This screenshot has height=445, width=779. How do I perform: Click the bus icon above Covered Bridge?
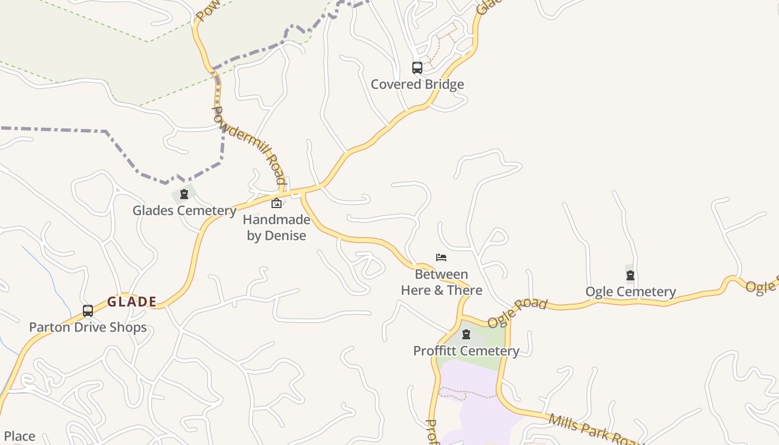pyautogui.click(x=417, y=68)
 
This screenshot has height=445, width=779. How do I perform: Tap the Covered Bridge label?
pyautogui.click(x=417, y=85)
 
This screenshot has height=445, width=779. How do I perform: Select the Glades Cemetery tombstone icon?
pyautogui.click(x=184, y=194)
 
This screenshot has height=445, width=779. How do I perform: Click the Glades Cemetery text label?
pyautogui.click(x=184, y=211)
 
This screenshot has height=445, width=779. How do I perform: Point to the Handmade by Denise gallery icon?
pyautogui.click(x=277, y=203)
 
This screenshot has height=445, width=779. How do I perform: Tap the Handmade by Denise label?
pyautogui.click(x=277, y=228)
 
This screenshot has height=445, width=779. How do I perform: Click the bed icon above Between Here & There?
pyautogui.click(x=441, y=258)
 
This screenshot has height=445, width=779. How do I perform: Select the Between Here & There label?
pyautogui.click(x=441, y=282)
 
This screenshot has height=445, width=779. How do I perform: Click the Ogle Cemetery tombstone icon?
pyautogui.click(x=630, y=275)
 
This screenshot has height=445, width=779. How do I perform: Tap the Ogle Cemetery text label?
pyautogui.click(x=630, y=291)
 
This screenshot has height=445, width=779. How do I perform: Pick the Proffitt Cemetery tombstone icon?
pyautogui.click(x=466, y=334)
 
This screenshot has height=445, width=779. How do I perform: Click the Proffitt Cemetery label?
pyautogui.click(x=466, y=351)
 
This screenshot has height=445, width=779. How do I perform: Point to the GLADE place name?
pyautogui.click(x=132, y=302)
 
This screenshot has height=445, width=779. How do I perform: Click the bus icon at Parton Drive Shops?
pyautogui.click(x=88, y=310)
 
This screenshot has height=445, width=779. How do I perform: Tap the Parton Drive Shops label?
pyautogui.click(x=88, y=327)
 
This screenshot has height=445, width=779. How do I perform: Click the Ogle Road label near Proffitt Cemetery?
pyautogui.click(x=517, y=313)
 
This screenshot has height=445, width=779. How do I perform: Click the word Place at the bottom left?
pyautogui.click(x=19, y=436)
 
